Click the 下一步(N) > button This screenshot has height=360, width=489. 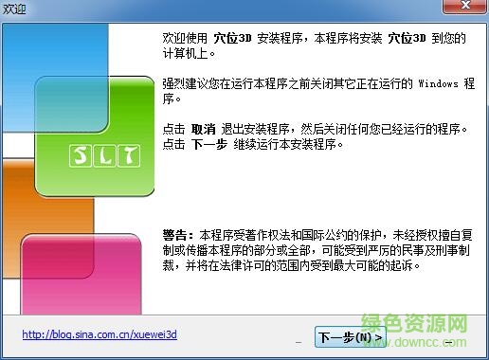click(350, 336)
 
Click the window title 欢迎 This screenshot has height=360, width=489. click(15, 9)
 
